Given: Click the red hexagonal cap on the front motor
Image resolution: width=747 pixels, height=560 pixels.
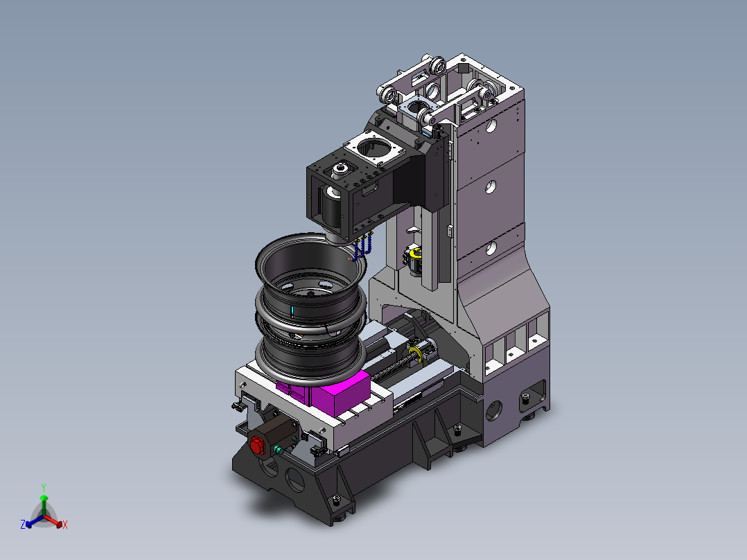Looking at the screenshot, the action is click(x=257, y=446).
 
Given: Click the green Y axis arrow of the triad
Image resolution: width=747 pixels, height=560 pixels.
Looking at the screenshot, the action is click(x=44, y=505).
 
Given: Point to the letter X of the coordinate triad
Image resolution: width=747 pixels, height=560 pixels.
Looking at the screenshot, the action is click(x=65, y=525).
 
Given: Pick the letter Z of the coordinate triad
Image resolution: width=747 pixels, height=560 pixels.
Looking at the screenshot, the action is click(x=23, y=524).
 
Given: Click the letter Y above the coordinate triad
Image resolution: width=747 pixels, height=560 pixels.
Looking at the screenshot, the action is click(x=44, y=487).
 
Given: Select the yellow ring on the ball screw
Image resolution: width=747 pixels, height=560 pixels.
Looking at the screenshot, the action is click(x=416, y=353).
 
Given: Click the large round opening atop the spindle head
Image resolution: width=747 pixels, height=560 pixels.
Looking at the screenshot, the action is click(x=374, y=148).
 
